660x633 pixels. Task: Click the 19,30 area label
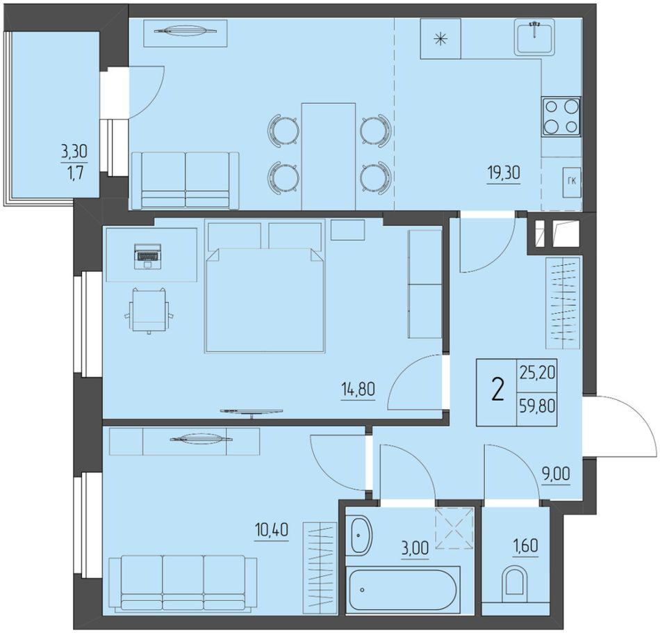coord(504,173)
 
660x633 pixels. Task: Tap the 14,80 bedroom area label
coord(358,389)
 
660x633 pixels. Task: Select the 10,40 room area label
coord(272,530)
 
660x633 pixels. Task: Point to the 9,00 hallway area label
coord(556,474)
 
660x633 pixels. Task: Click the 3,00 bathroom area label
coord(415,548)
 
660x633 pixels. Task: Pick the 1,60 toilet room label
coord(525,546)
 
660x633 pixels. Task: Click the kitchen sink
coord(534,37)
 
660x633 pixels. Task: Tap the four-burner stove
coord(561,116)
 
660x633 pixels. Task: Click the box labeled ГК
coord(572,182)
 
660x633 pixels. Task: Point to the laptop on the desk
coord(147,256)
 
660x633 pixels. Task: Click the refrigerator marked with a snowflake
coord(440,39)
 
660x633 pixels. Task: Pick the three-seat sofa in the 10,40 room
coord(183,583)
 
